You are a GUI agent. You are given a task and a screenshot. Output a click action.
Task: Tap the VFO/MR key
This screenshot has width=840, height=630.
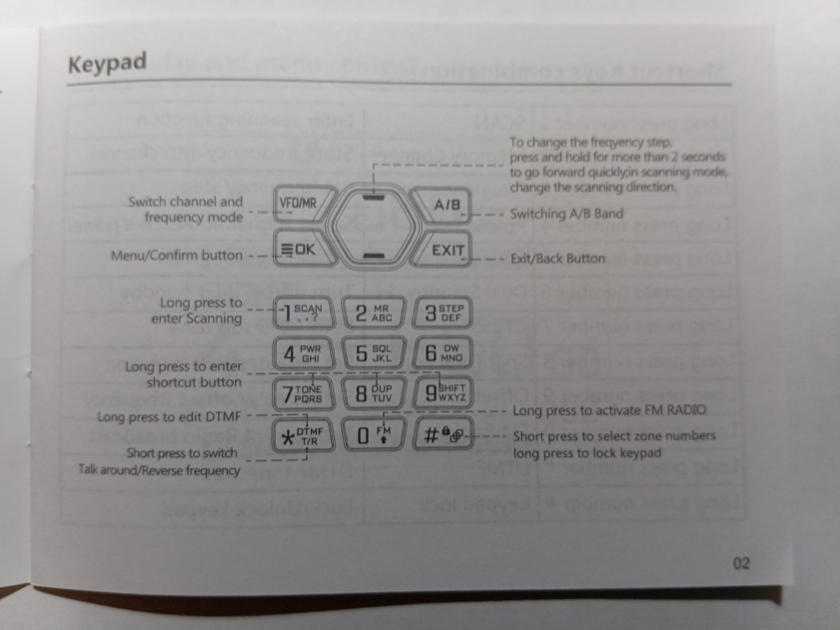[300, 204]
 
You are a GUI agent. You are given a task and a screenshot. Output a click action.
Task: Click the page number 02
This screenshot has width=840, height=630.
[741, 563]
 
